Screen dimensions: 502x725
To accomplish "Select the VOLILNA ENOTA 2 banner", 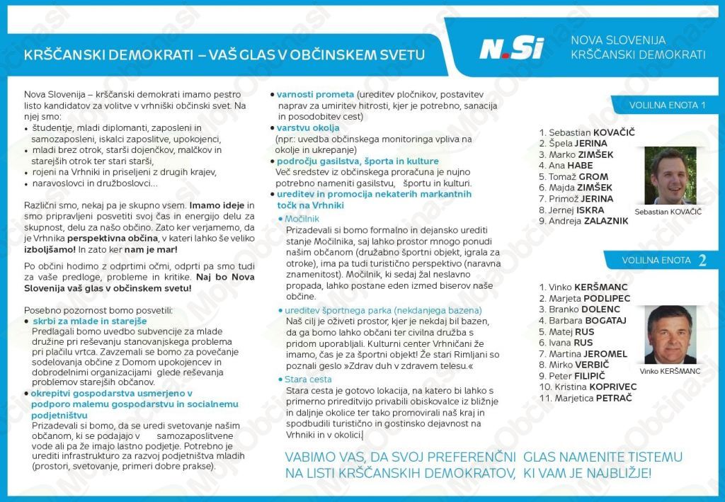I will point(663,260).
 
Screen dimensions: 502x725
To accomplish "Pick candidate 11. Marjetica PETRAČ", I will point(585,398).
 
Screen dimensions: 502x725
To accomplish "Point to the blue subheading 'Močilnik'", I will point(303,219).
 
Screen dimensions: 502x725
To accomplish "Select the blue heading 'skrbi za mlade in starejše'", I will point(90,321).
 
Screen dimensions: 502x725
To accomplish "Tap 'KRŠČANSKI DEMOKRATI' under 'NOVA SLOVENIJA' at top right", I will point(637,55).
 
